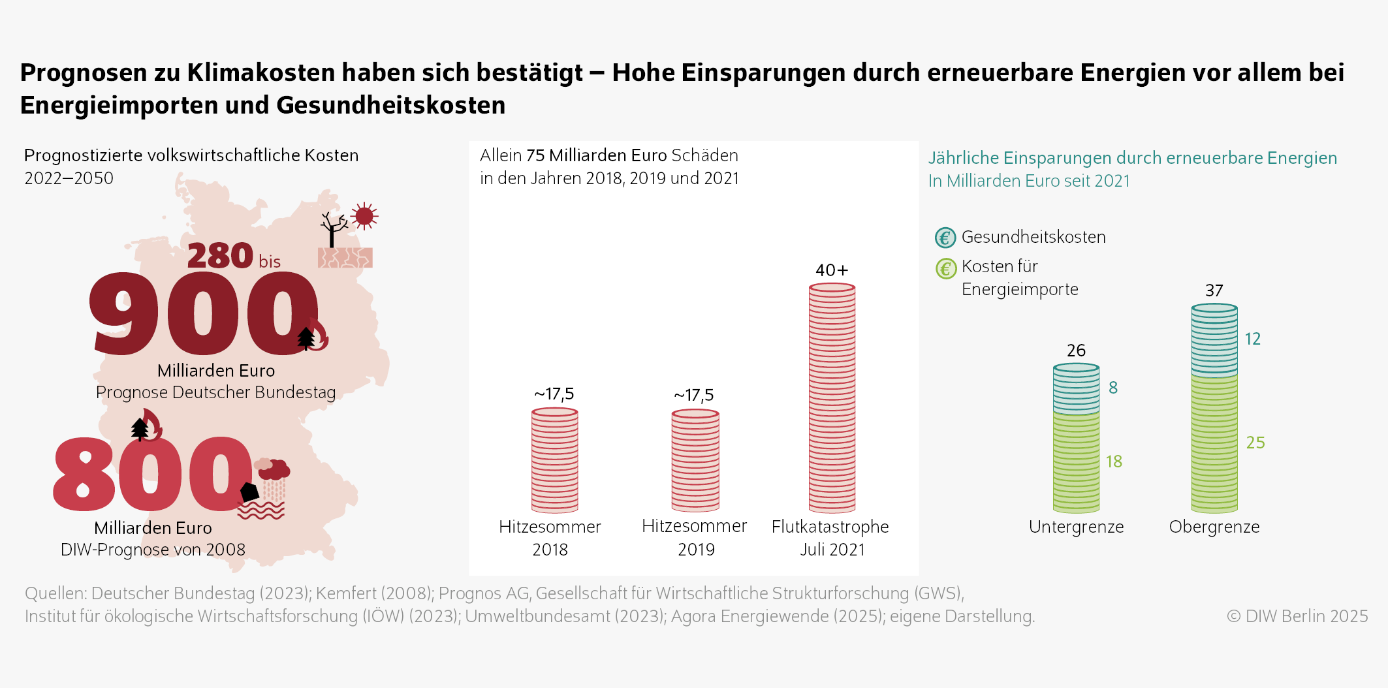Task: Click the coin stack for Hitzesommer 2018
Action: tap(554, 460)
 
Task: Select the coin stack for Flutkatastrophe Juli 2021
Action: tap(831, 398)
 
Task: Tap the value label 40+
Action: tap(831, 270)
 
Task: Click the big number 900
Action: tap(204, 314)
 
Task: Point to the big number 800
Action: tap(152, 474)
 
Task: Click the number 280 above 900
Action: tap(220, 256)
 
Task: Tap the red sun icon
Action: tap(364, 216)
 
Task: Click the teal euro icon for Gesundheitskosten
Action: tap(945, 238)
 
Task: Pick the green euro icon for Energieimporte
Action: tap(945, 268)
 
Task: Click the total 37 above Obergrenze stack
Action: tap(1214, 290)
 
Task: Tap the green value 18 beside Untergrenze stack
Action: tap(1113, 461)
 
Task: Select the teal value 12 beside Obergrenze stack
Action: tap(1252, 339)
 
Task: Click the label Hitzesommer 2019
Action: tap(695, 537)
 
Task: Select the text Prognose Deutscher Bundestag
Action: tap(215, 392)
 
